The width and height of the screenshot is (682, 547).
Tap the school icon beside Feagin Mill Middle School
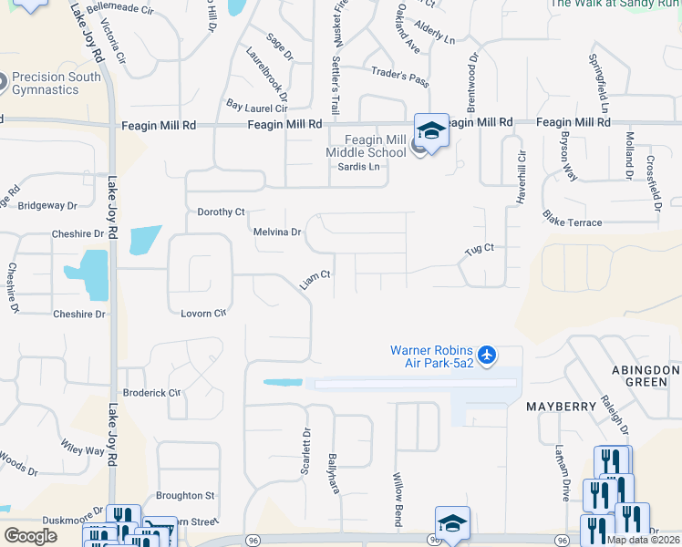coord(431,129)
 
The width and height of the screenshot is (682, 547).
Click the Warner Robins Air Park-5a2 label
coord(432,356)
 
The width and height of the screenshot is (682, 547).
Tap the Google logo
coord(30,536)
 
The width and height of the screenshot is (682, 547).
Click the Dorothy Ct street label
coord(222,212)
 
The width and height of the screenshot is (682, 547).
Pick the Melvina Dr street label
coord(277,232)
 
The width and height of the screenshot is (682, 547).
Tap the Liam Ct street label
coord(315,280)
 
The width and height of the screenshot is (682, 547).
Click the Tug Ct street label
coord(480,248)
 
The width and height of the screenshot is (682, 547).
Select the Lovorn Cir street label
coord(202,314)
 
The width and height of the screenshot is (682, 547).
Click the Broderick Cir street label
coord(151,393)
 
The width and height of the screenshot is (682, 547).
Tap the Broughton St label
coord(185,496)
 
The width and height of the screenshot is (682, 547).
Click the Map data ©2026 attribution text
coord(642,540)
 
